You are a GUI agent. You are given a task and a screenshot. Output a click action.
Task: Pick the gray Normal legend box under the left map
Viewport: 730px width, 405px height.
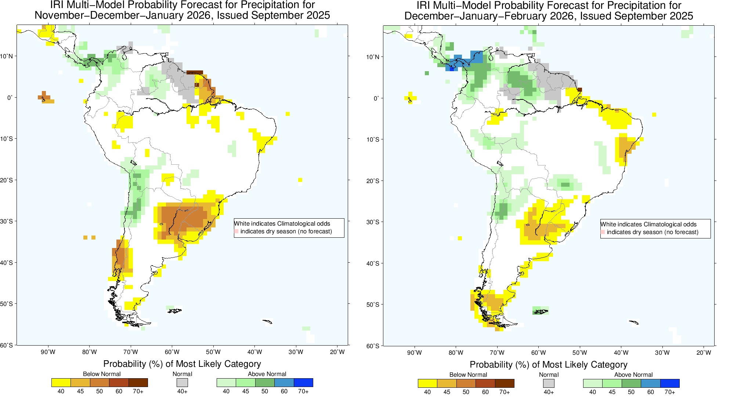pyautogui.click(x=182, y=383)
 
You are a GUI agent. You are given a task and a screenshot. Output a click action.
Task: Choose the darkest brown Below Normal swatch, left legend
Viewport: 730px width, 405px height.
pyautogui.click(x=138, y=383)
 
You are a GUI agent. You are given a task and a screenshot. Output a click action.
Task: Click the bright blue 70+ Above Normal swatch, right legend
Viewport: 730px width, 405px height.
pyautogui.click(x=670, y=383)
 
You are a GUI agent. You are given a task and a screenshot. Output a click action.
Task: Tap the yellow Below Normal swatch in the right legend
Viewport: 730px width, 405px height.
pyautogui.click(x=427, y=383)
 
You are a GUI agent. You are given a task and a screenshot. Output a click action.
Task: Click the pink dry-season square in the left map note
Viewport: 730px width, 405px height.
pyautogui.click(x=236, y=231)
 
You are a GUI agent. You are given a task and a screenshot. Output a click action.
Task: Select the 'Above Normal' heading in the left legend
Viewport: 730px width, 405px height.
pyautogui.click(x=267, y=374)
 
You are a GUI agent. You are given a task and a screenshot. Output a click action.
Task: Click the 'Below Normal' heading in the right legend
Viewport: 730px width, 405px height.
pyautogui.click(x=468, y=375)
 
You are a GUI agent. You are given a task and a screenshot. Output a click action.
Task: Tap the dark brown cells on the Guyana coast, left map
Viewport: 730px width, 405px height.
pyautogui.click(x=195, y=73)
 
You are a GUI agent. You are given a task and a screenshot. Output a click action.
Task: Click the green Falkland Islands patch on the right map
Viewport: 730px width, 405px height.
pyautogui.click(x=541, y=311)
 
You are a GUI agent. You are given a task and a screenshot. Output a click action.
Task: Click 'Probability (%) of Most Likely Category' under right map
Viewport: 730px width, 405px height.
pyautogui.click(x=549, y=365)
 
